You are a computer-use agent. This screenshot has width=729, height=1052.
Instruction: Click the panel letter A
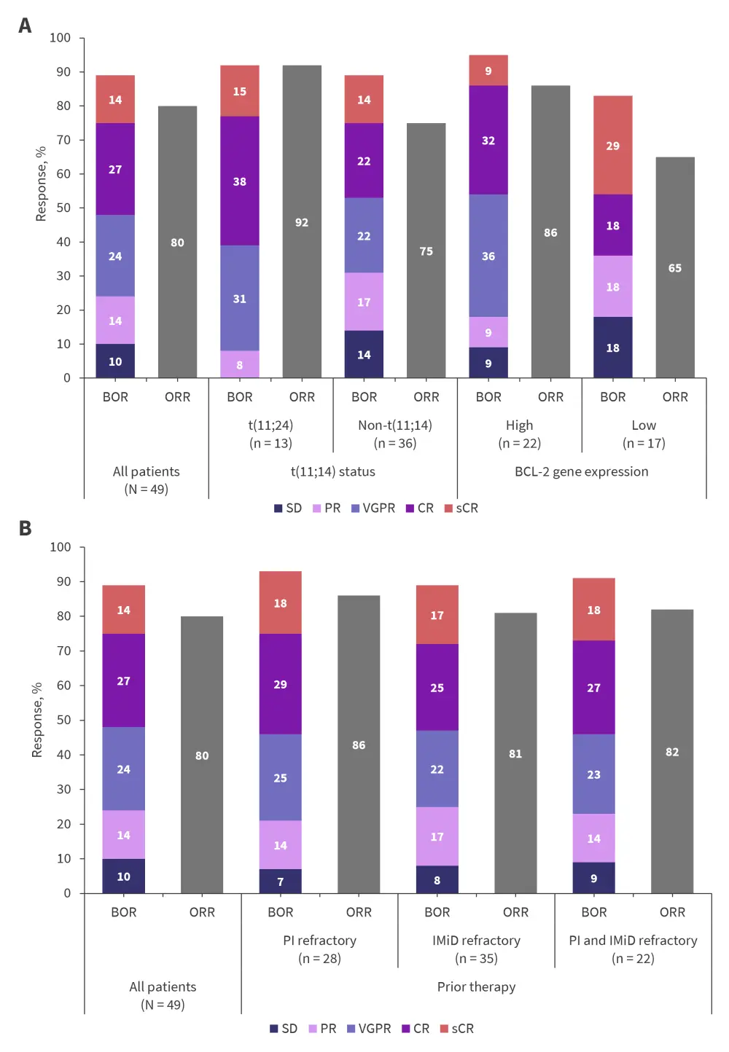[25, 25]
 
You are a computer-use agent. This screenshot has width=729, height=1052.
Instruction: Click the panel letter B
[25, 528]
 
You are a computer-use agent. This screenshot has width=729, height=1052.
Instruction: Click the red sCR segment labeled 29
[613, 145]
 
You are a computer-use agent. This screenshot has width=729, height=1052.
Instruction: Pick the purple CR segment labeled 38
[240, 181]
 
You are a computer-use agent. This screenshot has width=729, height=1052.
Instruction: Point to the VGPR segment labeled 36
[488, 256]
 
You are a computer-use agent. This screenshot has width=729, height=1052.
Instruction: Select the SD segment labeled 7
[281, 881]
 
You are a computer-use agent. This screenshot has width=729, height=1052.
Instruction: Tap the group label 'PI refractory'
[319, 940]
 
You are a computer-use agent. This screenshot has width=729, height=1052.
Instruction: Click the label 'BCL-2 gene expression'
[581, 471]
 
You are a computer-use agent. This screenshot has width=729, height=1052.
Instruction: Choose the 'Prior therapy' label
[476, 986]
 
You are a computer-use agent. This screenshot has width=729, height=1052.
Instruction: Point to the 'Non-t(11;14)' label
[395, 425]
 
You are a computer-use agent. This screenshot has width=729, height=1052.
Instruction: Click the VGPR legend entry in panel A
[373, 508]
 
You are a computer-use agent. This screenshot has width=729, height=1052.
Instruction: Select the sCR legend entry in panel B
[457, 1028]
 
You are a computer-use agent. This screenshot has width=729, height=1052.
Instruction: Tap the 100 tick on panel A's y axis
[61, 38]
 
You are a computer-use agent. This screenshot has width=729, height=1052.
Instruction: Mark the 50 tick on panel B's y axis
[63, 720]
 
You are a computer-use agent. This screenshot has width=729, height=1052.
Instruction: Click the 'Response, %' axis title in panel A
[41, 184]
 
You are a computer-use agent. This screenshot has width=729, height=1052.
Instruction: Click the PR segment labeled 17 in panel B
[437, 836]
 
